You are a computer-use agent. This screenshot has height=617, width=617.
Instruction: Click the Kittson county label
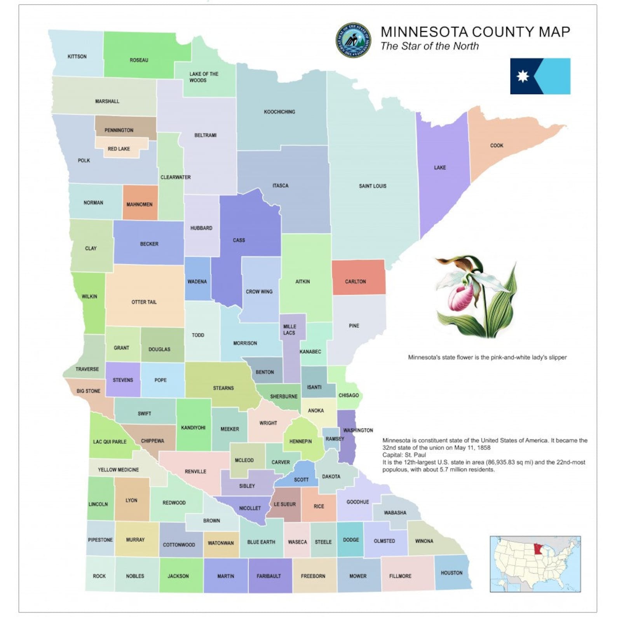point(77,56)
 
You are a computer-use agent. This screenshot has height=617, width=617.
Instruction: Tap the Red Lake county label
point(119,149)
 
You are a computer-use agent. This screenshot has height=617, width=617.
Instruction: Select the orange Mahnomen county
point(139,202)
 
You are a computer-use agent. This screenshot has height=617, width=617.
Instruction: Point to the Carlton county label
point(356,281)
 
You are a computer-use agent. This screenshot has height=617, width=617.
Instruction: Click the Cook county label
point(497,145)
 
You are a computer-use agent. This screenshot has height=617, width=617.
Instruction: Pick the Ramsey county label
point(335,439)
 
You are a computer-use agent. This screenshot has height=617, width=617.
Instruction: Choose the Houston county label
point(451,573)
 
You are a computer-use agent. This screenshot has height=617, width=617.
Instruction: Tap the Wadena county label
point(197,281)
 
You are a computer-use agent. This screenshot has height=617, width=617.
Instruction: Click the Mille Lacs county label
point(289,329)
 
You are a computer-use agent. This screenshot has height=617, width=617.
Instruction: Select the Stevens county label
point(123,380)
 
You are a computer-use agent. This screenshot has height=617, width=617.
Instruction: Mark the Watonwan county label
point(221,543)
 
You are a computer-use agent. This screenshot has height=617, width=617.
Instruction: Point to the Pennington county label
point(119,130)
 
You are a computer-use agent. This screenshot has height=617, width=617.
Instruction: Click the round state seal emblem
point(353,40)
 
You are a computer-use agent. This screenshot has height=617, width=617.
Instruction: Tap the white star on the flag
point(523,76)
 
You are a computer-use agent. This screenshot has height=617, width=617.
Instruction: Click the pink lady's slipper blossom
point(462,295)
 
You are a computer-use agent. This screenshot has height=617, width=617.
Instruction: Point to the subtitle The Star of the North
point(429,46)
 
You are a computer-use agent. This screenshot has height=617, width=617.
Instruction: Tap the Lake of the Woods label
point(204,77)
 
